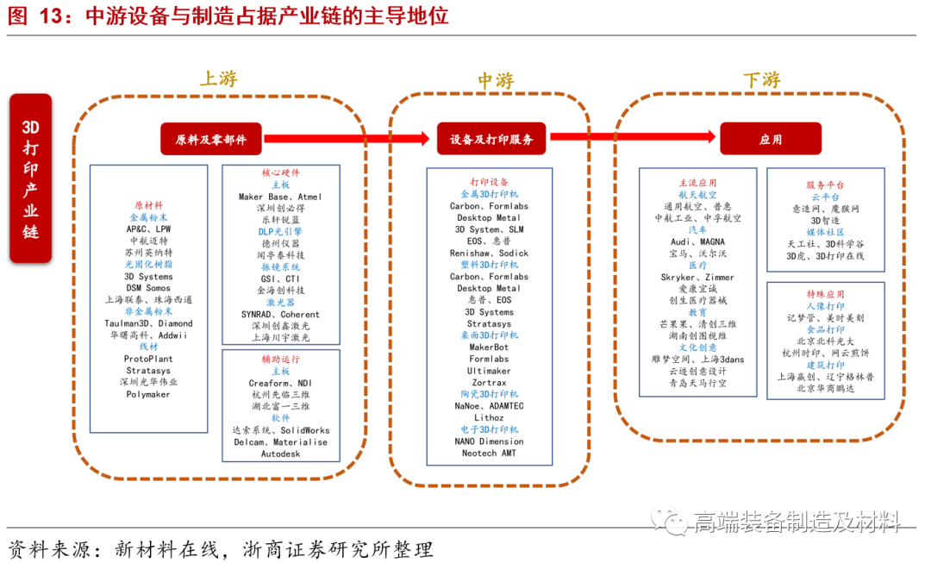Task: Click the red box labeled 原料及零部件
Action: click(211, 139)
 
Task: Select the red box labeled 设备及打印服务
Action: click(491, 139)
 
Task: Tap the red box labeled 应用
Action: click(771, 139)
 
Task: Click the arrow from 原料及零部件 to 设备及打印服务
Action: click(345, 138)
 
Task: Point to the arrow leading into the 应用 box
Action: click(634, 136)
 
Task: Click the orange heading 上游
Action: click(218, 78)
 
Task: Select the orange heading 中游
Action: click(496, 80)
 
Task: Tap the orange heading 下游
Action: click(761, 79)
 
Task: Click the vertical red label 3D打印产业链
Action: click(30, 178)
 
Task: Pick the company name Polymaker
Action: click(148, 394)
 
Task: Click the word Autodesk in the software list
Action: click(280, 454)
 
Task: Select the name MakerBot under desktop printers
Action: click(489, 347)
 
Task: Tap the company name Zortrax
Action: click(489, 383)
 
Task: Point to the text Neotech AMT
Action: click(489, 454)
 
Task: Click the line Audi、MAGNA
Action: click(697, 242)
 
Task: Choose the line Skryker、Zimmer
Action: click(697, 278)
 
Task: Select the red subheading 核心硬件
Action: click(281, 173)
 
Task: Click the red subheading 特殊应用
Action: click(825, 294)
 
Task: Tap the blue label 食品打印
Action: click(825, 329)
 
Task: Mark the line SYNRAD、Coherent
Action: click(281, 315)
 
